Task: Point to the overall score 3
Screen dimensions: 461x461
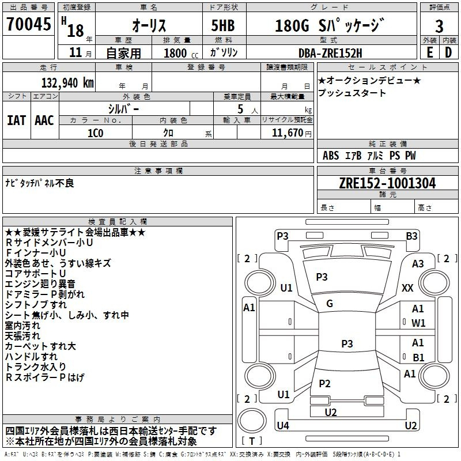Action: point(439,26)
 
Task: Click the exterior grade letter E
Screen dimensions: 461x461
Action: point(429,52)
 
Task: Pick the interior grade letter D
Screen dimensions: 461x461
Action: point(448,52)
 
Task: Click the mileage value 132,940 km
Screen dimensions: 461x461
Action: point(67,82)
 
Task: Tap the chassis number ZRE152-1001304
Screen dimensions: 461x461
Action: point(387,183)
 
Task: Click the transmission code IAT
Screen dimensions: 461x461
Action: point(16,120)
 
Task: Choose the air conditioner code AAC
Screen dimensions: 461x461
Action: point(44,120)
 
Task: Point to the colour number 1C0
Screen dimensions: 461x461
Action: point(95,133)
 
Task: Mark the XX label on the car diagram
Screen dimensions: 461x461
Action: point(407,288)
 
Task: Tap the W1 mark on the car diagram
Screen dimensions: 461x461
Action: point(418,323)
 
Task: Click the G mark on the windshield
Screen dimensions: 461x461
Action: point(330,303)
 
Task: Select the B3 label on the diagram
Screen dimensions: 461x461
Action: point(411,236)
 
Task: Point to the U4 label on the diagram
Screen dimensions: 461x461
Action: point(283,426)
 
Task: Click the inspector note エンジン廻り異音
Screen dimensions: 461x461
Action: point(40,284)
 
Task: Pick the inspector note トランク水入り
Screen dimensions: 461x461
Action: point(35,367)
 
